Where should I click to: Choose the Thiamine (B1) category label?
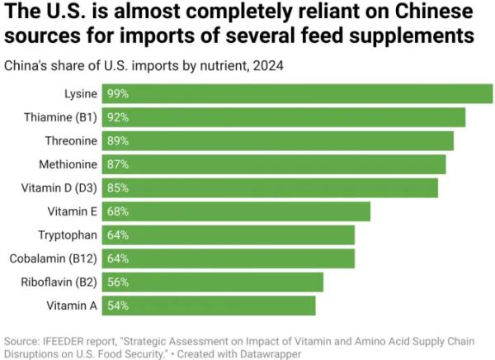coord(63,117)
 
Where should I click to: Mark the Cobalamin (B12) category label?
coord(54,258)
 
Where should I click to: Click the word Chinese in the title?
coord(420,14)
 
